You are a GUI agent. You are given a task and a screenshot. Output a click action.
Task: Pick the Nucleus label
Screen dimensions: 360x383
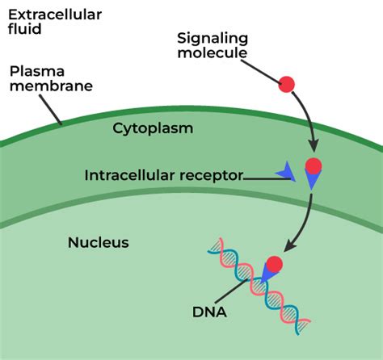[99, 242]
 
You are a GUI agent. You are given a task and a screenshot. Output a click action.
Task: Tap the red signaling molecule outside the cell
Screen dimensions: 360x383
[288, 83]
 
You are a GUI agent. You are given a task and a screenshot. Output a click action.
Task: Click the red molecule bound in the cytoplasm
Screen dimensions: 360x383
[313, 167]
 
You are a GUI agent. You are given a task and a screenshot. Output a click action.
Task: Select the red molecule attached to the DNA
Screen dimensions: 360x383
[274, 264]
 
